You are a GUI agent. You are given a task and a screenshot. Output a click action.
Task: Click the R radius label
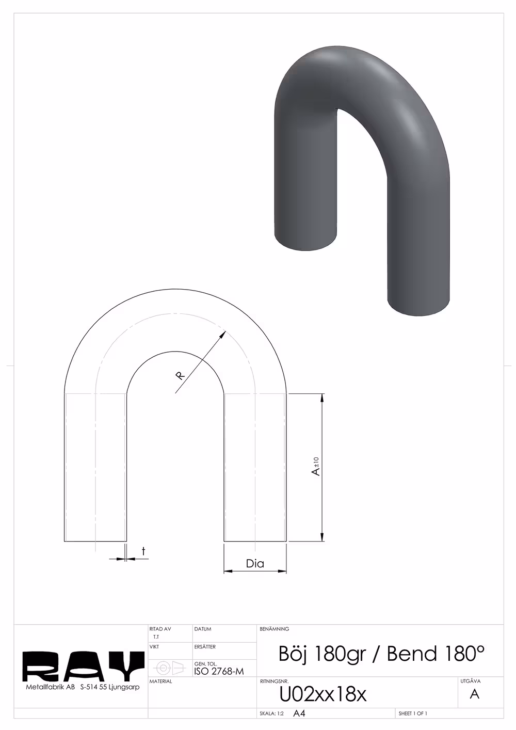180,375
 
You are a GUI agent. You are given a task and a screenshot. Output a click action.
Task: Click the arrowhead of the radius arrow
222,335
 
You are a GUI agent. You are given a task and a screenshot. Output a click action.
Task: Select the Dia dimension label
255,563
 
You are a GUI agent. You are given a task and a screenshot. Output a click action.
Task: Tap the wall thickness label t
143,551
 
